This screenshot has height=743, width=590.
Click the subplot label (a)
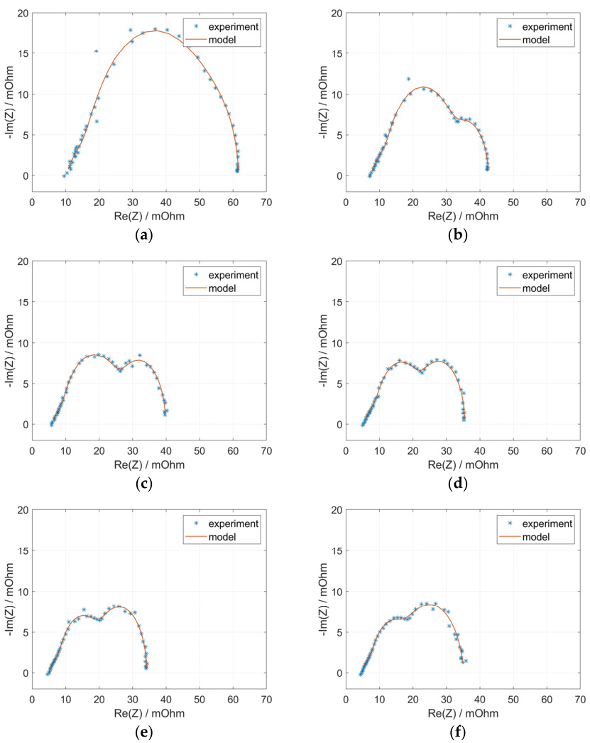(x=148, y=234)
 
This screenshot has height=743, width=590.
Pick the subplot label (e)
(x=148, y=732)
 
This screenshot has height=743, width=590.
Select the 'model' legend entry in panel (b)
(x=536, y=40)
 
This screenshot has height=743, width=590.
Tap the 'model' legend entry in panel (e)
(x=222, y=537)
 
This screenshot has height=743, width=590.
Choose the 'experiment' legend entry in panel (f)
(x=546, y=524)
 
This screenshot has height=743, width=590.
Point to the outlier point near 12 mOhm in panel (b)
(x=409, y=79)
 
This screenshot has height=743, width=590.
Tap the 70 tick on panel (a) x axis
(x=266, y=202)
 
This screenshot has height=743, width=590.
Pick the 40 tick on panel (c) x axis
(x=166, y=450)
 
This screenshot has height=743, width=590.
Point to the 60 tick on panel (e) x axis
(x=233, y=699)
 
